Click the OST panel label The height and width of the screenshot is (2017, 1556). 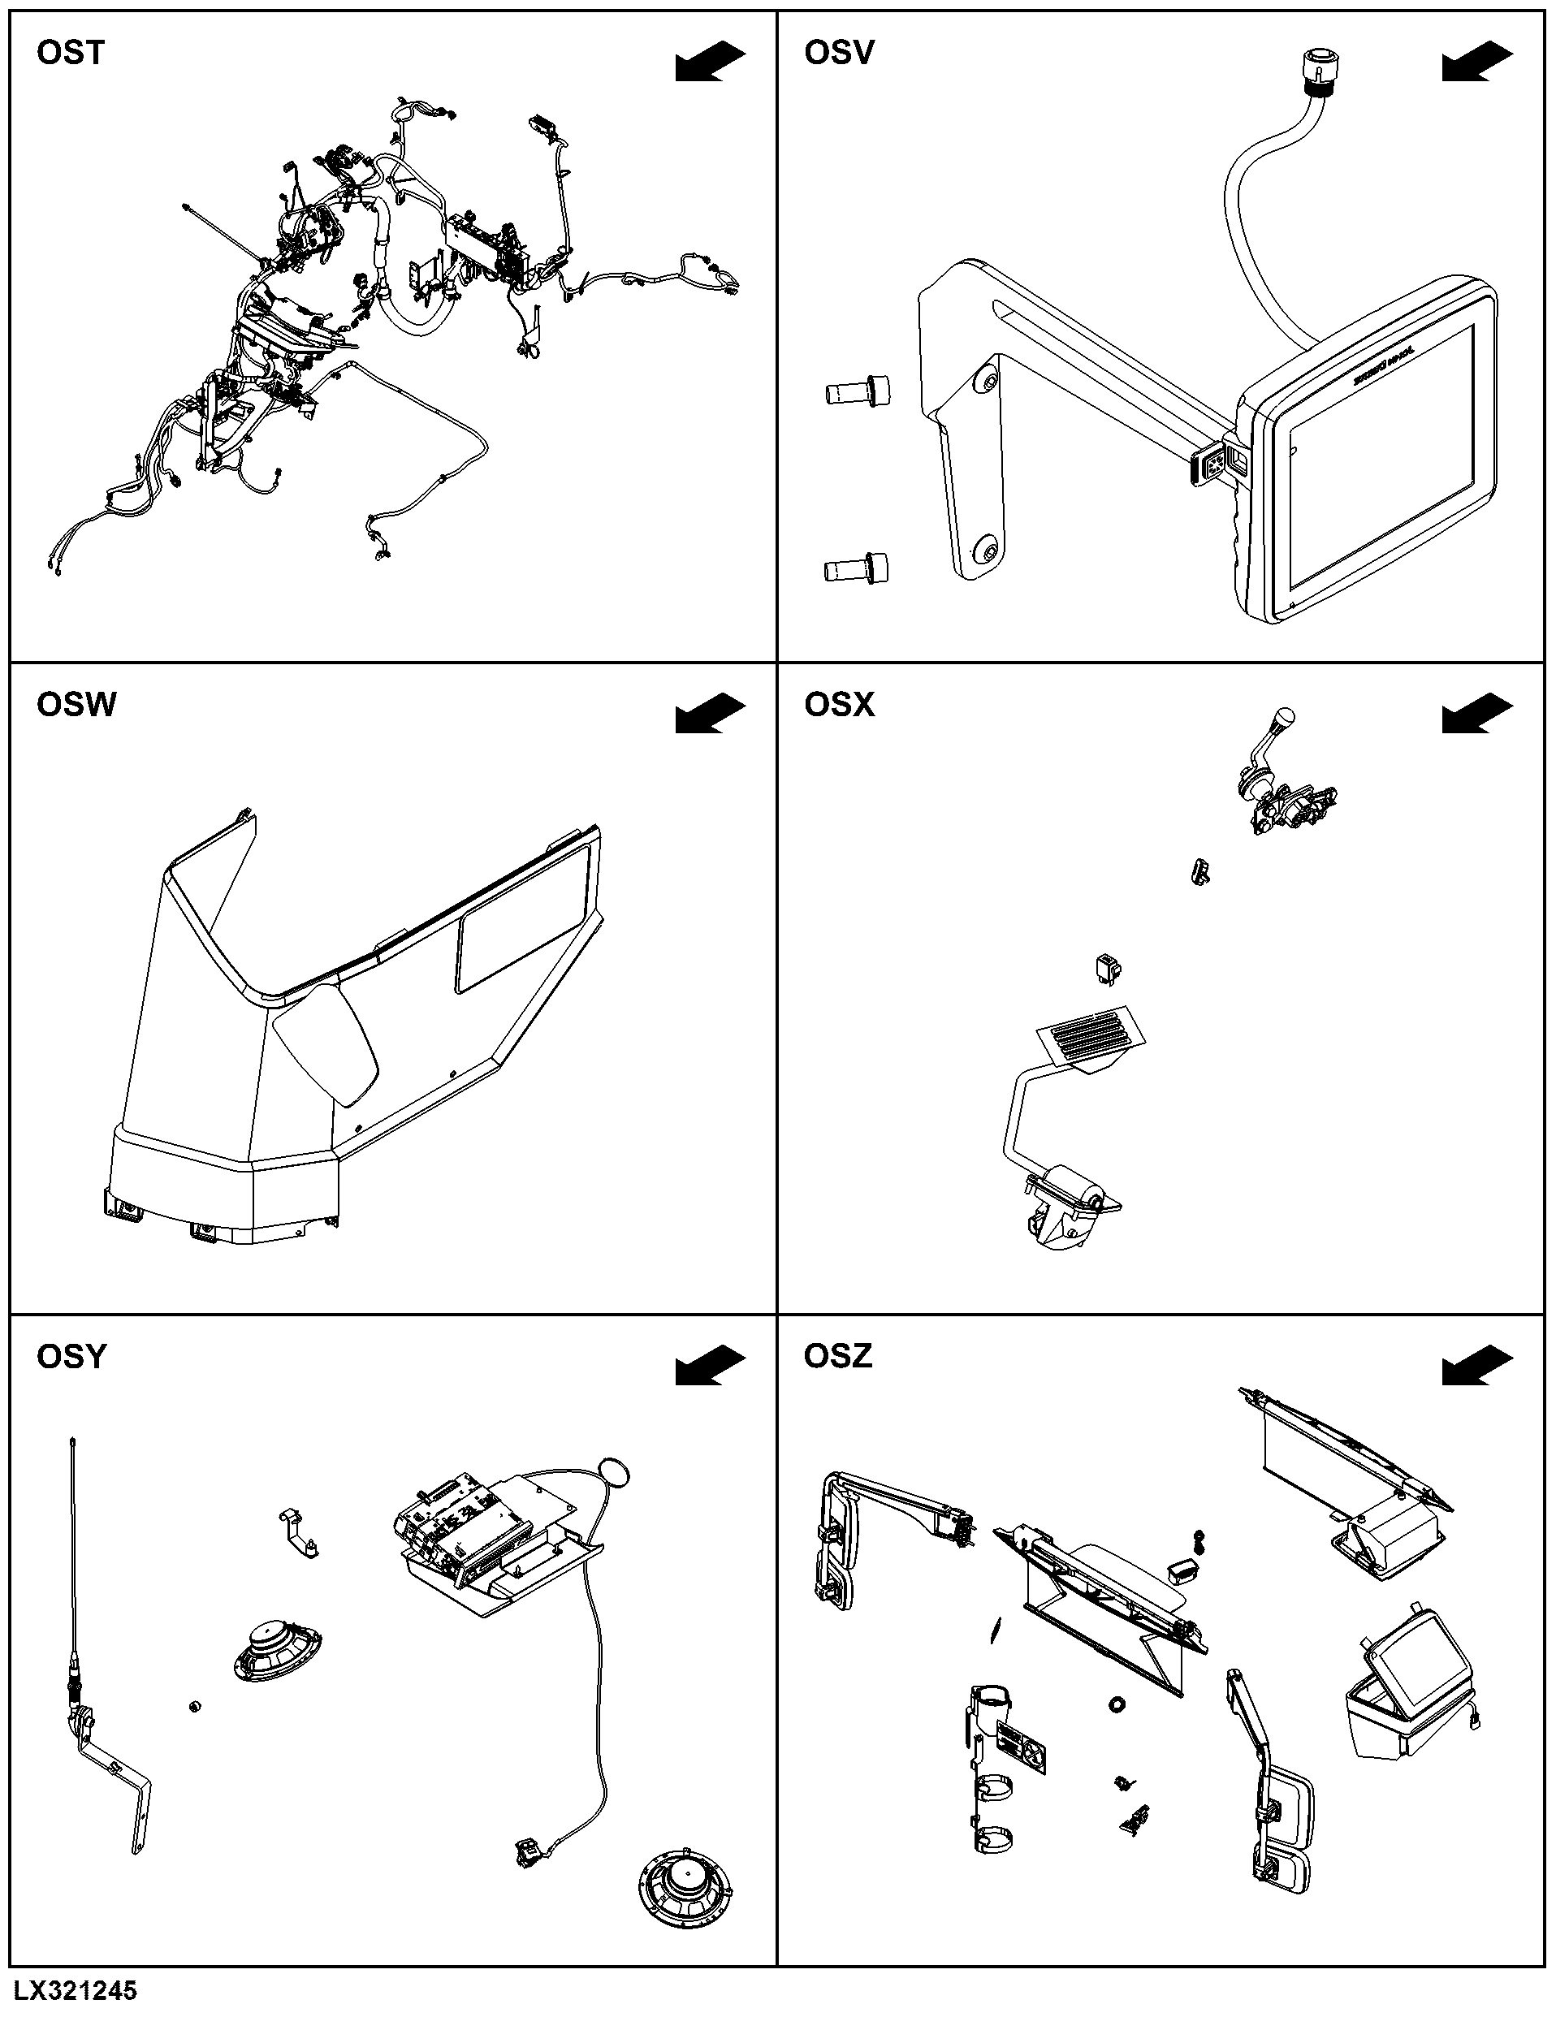coord(70,53)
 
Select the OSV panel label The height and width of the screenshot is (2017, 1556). coord(838,53)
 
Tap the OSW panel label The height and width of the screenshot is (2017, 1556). coord(76,705)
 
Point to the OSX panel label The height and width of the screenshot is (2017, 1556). coord(838,705)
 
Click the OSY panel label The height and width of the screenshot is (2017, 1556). coord(71,1357)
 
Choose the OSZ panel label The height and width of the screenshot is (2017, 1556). coord(837,1357)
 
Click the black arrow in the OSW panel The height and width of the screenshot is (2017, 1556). coord(710,714)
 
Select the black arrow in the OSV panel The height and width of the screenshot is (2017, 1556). coord(1477,61)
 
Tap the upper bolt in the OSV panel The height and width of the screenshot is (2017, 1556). coord(858,391)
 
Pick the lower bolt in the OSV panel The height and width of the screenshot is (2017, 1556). coord(858,568)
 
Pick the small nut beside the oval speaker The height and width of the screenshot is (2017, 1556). coord(194,1705)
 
